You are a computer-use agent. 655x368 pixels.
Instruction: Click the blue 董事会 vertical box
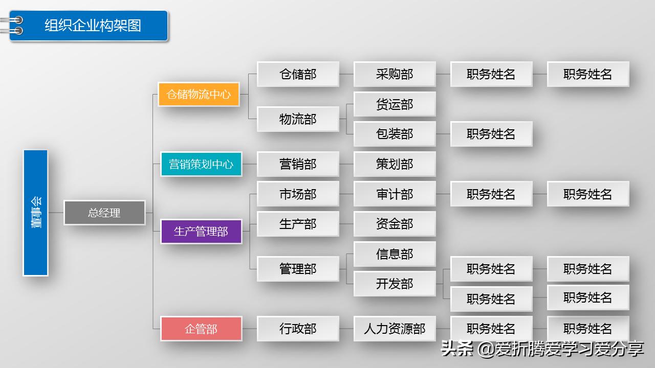click(35, 213)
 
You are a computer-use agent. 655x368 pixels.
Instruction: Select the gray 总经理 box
click(104, 213)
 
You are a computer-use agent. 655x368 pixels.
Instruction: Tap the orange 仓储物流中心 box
click(199, 94)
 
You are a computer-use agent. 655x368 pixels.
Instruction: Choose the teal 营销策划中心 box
click(201, 164)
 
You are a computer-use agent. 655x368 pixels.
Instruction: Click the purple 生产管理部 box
click(201, 232)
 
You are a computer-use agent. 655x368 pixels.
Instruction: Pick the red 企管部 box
click(201, 329)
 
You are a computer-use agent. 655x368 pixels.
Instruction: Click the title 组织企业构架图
click(93, 26)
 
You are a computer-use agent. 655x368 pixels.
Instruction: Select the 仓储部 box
click(298, 74)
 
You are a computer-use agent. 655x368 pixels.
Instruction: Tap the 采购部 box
click(395, 74)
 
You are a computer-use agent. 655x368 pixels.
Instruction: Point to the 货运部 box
click(395, 104)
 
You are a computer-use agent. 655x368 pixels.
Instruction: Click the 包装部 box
click(395, 134)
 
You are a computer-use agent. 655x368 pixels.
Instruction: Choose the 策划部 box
click(395, 164)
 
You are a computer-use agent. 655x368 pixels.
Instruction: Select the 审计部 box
click(395, 194)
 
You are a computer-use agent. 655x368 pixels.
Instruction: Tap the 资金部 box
click(395, 224)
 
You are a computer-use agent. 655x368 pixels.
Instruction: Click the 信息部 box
click(395, 254)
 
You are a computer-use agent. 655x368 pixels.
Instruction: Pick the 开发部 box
click(395, 284)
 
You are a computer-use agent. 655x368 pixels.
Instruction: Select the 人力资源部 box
click(395, 329)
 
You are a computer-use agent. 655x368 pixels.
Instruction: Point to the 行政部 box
click(298, 329)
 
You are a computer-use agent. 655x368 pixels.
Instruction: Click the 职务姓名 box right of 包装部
click(491, 134)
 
